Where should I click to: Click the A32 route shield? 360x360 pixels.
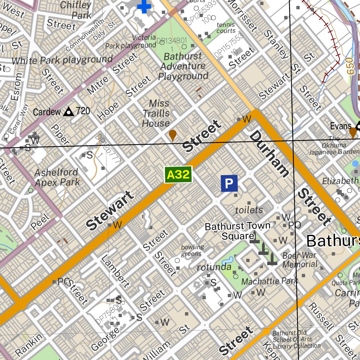pos(178,175)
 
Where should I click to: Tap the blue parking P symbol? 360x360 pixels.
pos(229,183)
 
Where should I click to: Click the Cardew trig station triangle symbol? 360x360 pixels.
pos(68,112)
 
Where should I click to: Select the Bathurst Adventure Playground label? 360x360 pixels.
pos(183,66)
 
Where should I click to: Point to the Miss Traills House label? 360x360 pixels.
pos(156,113)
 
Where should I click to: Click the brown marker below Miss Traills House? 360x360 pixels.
pos(172,135)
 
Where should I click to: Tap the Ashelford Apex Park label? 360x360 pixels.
pos(57,177)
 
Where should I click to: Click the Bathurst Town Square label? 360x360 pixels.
pos(238,231)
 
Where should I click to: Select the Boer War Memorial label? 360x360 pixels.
pos(300,259)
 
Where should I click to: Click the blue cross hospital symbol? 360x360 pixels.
pos(144,6)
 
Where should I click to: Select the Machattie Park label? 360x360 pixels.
pos(269,281)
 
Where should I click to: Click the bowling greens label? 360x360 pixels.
pos(192,250)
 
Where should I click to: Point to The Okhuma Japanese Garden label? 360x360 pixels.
pos(334,145)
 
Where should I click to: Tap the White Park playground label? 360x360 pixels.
pos(62,60)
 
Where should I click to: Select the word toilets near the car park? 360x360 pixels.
pos(249,210)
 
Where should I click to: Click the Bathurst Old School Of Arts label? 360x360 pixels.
pos(292,339)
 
